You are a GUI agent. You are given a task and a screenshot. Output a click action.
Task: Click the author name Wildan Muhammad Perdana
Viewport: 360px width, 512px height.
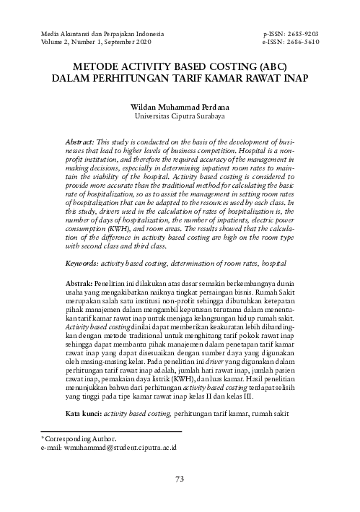point(180,105)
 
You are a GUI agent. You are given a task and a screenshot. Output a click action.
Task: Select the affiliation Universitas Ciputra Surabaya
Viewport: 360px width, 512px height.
point(180,115)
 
